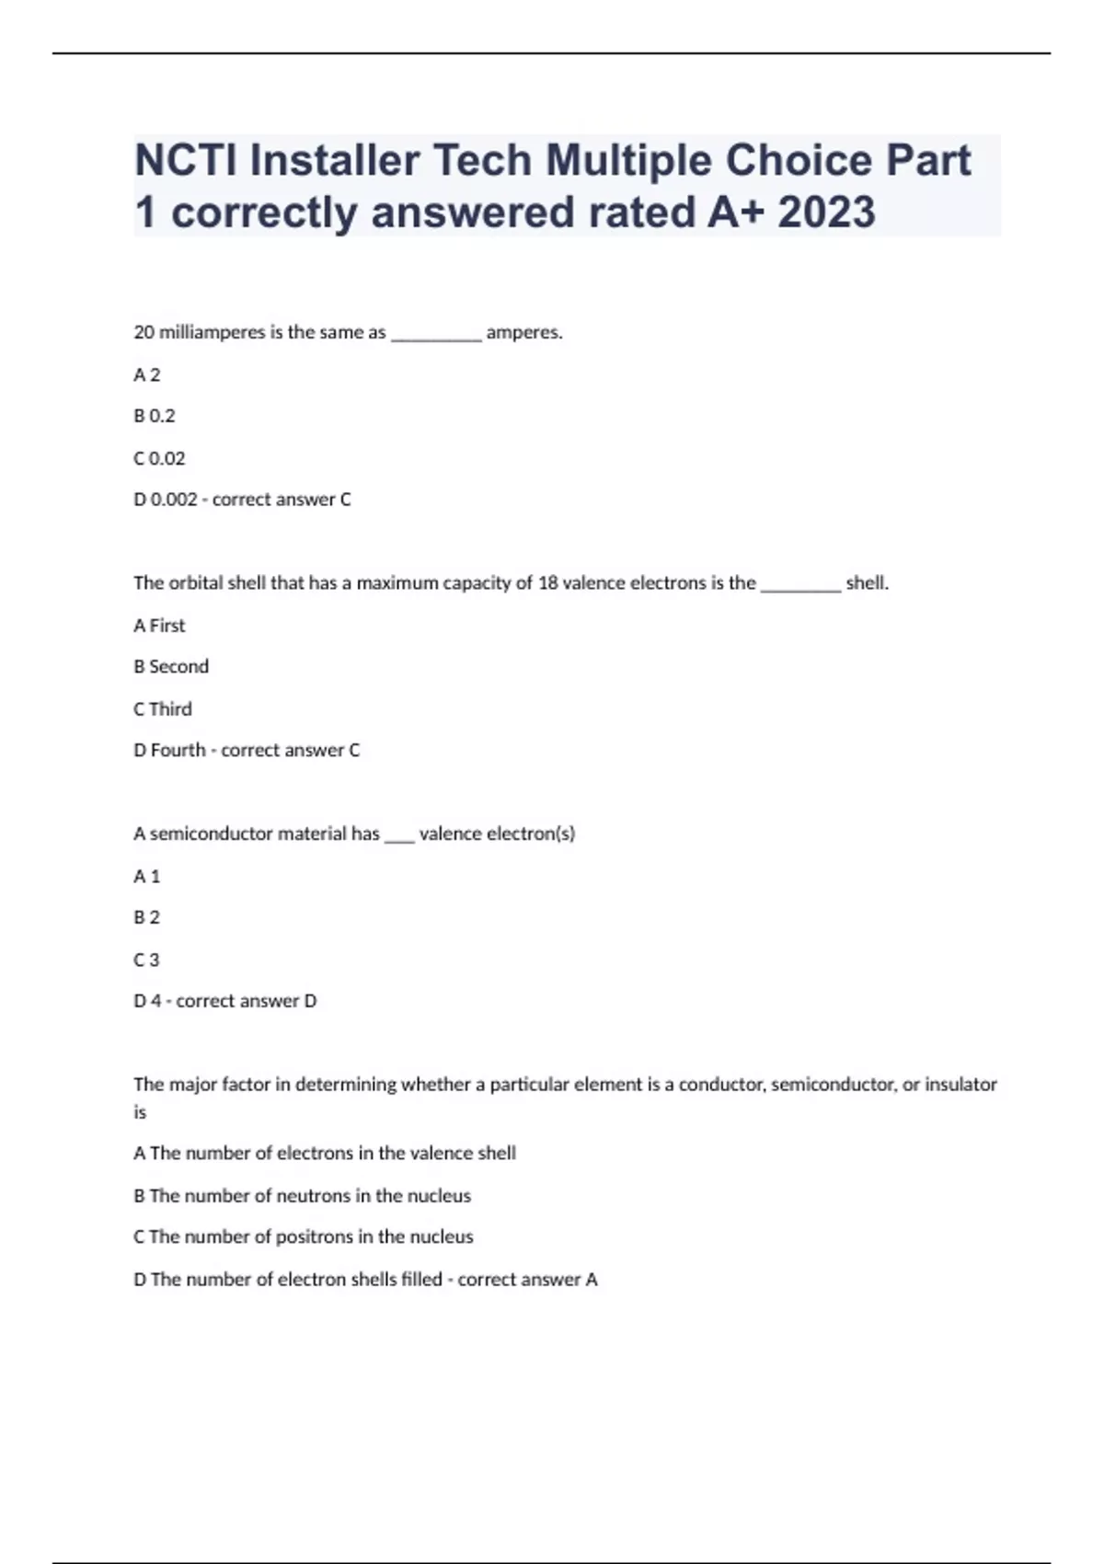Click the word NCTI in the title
pos(187,161)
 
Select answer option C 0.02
pos(159,458)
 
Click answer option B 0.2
pos(155,416)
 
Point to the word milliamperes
pos(212,332)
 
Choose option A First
pos(159,626)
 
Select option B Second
pos(171,666)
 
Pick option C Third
pos(163,708)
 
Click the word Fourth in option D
pos(178,750)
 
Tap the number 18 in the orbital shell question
pos(547,582)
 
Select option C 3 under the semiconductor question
pos(146,960)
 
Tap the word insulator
pos(960,1084)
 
